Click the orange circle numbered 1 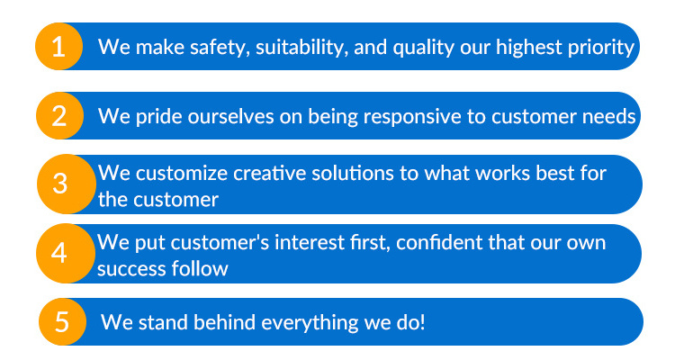(x=59, y=47)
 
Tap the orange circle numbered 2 (x=59, y=116)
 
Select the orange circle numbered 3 (x=67, y=184)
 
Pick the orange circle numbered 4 (x=66, y=253)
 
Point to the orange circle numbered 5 (x=62, y=321)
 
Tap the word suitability (x=301, y=48)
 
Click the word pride (x=158, y=117)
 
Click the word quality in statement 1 (x=424, y=48)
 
